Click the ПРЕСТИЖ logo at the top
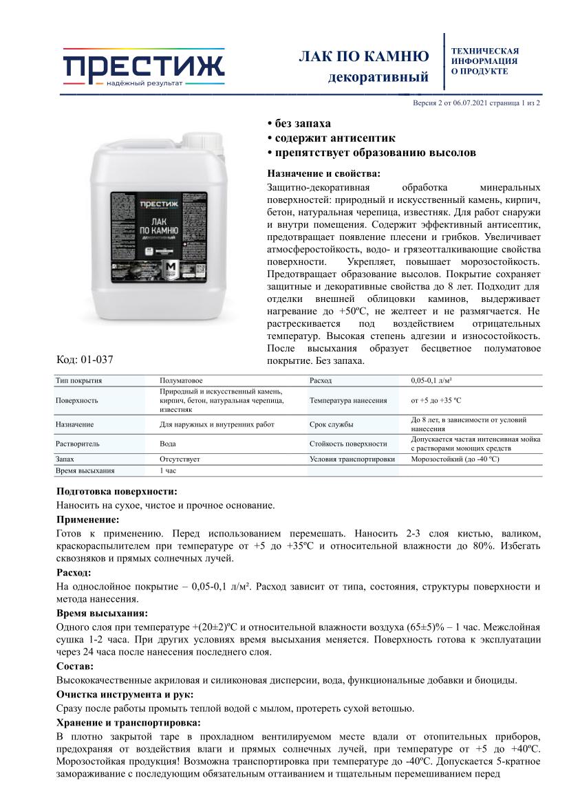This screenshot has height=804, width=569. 144,67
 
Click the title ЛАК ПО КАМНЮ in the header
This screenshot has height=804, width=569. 363,56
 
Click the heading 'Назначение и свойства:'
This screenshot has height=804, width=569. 323,173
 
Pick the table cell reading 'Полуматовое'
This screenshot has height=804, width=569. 180,380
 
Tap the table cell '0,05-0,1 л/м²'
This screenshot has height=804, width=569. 436,380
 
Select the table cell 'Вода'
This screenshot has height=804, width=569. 167,444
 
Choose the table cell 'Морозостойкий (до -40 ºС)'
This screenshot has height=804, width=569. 455,459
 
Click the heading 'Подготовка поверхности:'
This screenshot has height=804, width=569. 116,492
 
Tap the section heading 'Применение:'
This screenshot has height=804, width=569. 87,519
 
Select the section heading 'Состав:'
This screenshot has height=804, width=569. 75,666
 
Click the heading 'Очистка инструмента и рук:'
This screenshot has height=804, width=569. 125,694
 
